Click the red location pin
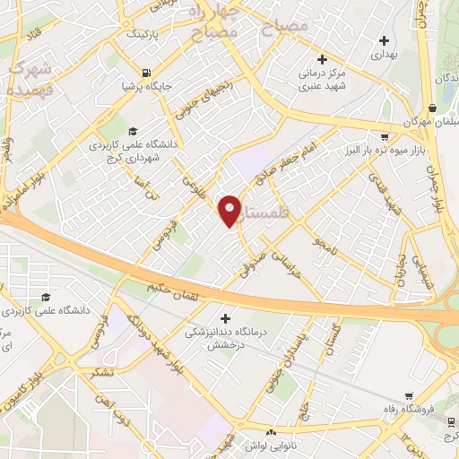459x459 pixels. (x=230, y=211)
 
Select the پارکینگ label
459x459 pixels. (x=143, y=35)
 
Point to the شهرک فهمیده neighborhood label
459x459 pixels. (x=29, y=79)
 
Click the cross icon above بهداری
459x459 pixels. (x=384, y=39)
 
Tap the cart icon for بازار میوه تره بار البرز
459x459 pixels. (x=385, y=136)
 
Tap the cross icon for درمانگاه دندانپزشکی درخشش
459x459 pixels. (x=226, y=317)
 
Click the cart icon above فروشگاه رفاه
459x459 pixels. (x=409, y=395)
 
